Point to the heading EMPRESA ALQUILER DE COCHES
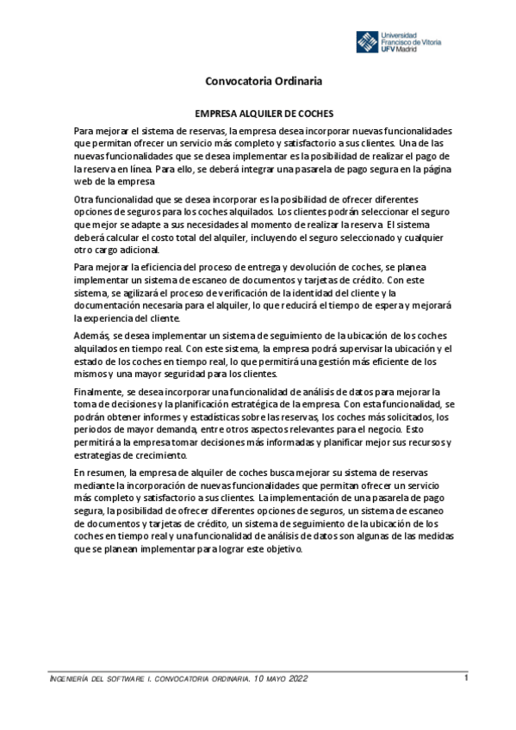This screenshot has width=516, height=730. click(264, 113)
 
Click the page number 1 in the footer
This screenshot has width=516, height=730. click(465, 677)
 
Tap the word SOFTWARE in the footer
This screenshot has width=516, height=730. click(124, 680)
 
